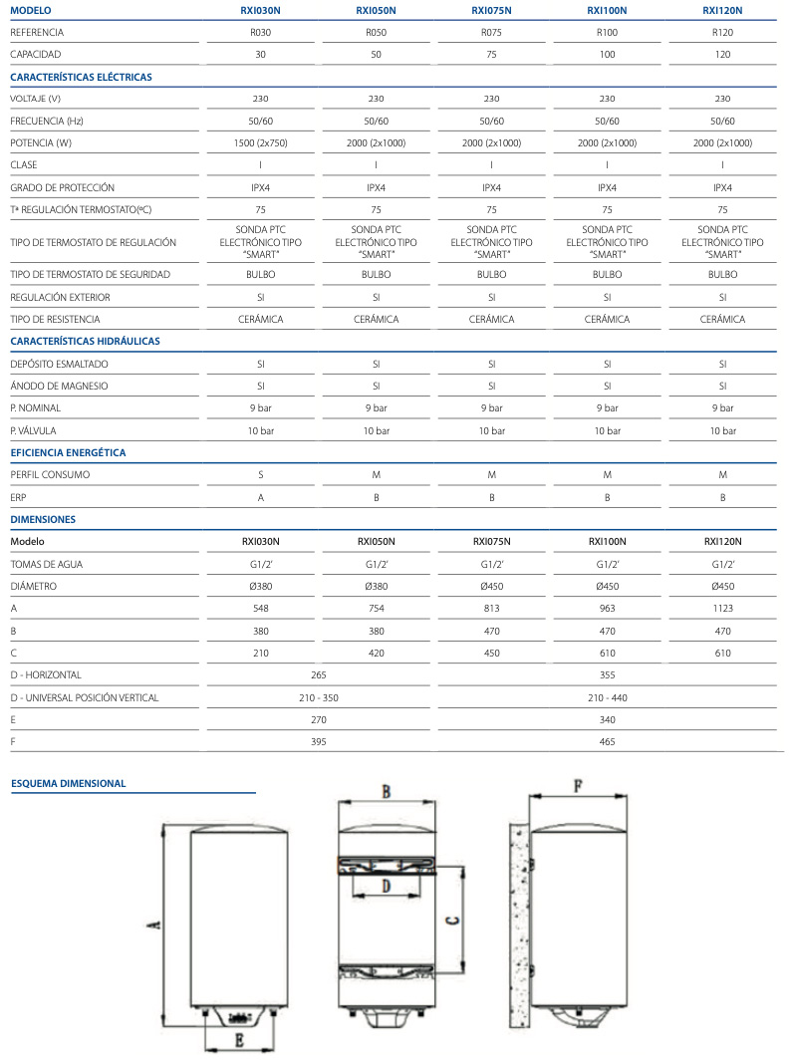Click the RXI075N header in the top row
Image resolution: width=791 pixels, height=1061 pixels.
pos(491,11)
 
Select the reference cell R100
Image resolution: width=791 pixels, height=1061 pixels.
pos(607,32)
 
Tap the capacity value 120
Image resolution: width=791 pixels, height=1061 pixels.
pos(722,54)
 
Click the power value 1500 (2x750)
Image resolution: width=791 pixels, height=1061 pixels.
pos(261,143)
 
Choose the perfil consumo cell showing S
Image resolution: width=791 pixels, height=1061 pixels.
pos(261,474)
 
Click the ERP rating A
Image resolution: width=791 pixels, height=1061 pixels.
pos(261,497)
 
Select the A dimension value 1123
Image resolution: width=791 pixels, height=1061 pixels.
pos(722,609)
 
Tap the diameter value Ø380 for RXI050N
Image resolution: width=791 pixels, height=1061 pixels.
pos(376,586)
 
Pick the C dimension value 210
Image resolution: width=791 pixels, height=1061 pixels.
pos(261,654)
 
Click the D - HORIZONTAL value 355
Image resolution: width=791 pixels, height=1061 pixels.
pos(607,675)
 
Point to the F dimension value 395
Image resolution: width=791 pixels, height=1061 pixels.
pos(319,742)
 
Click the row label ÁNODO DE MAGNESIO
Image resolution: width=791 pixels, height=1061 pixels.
pos(59,386)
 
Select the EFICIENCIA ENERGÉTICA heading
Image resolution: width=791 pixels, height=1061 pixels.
pos(68,452)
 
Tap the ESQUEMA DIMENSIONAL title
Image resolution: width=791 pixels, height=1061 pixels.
pos(69,783)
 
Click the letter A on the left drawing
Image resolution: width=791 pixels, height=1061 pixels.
pos(153,926)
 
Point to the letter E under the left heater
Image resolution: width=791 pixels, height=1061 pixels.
pos(239,1040)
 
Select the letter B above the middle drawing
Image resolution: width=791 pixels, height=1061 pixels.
pos(386,791)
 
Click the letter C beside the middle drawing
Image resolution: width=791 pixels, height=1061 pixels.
pos(451,921)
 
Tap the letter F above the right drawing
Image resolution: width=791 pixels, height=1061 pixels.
pos(578,785)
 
